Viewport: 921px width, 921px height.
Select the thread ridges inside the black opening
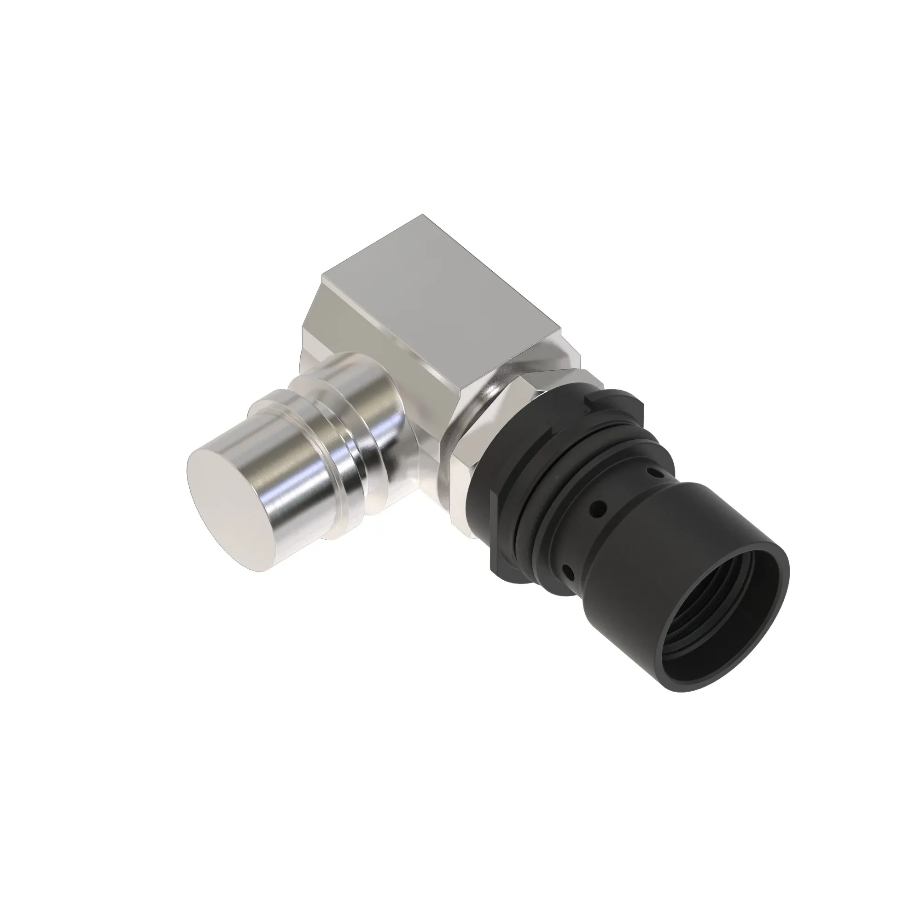click(x=701, y=648)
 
